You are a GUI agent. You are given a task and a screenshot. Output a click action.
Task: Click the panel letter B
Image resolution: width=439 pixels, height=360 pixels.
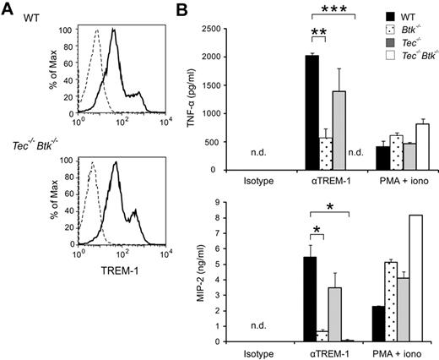click(x=192, y=8)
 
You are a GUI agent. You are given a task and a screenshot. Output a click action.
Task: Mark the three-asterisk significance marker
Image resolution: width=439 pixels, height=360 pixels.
click(x=341, y=8)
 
